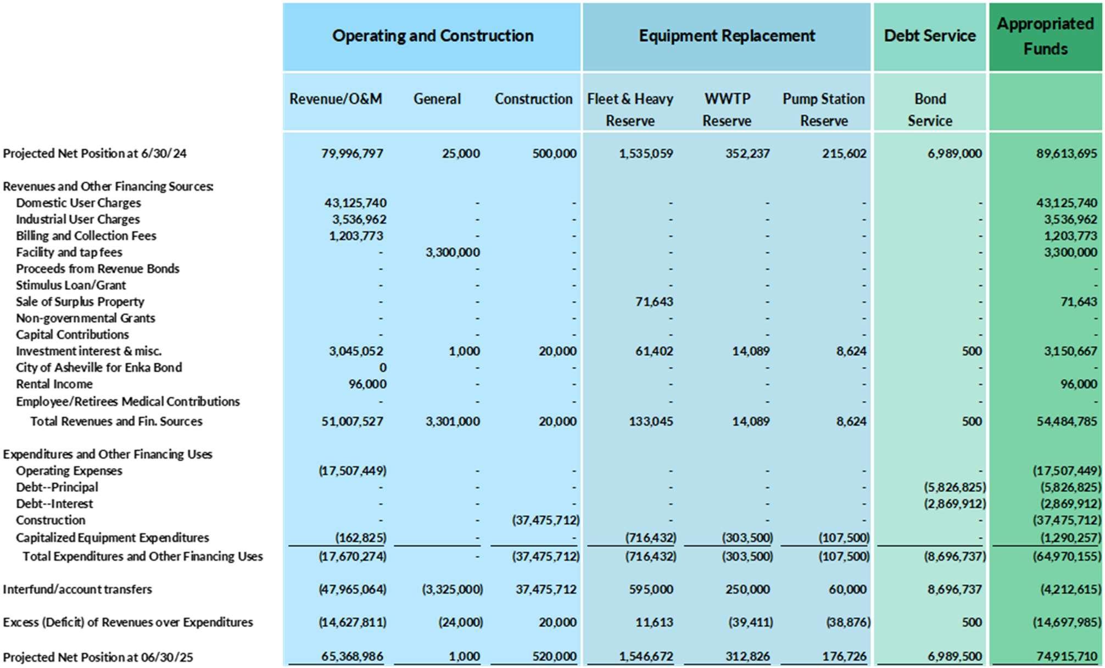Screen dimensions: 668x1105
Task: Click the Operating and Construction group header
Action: (432, 36)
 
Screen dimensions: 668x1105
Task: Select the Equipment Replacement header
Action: (726, 36)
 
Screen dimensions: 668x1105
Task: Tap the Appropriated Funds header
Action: (1045, 36)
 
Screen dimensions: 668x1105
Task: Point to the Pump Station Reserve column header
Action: (823, 109)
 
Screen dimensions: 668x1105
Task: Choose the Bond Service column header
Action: (929, 109)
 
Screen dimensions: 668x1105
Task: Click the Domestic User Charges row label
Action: (78, 203)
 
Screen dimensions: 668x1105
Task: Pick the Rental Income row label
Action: (54, 384)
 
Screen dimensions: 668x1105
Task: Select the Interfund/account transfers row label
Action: (77, 590)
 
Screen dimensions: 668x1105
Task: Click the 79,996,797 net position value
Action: (352, 154)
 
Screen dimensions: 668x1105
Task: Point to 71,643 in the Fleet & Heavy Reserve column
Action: (654, 302)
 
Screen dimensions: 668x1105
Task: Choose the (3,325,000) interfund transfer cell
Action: (452, 590)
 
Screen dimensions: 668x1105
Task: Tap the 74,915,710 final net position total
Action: (1066, 656)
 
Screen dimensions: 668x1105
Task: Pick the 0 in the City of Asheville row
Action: (382, 368)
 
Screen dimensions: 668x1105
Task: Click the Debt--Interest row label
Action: (54, 504)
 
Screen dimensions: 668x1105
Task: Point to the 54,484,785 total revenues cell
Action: (1066, 422)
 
